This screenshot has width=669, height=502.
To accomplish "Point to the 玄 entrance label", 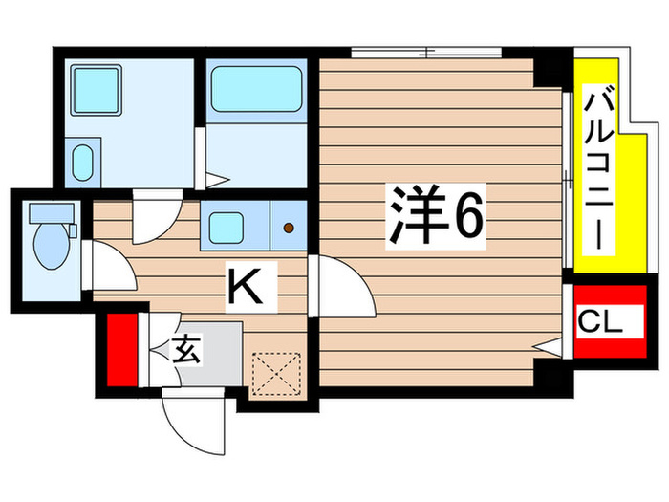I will coord(187,351).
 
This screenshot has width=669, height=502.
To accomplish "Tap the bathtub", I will coord(255,89).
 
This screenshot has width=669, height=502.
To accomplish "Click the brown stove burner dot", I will coord(289,228).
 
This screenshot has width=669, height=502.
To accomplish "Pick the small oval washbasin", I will coord(84,160).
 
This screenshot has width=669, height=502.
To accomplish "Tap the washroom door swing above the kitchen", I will coord(153,218).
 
